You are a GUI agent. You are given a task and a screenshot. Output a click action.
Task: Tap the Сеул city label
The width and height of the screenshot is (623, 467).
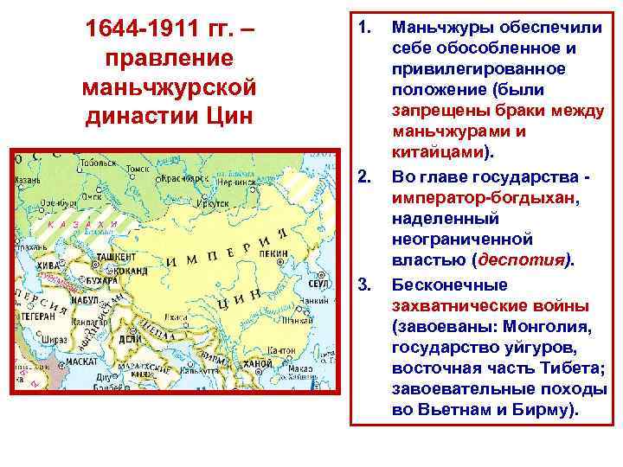pyautogui.click(x=318, y=284)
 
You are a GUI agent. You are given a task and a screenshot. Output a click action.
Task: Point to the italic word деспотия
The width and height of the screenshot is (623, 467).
pyautogui.click(x=524, y=258)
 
